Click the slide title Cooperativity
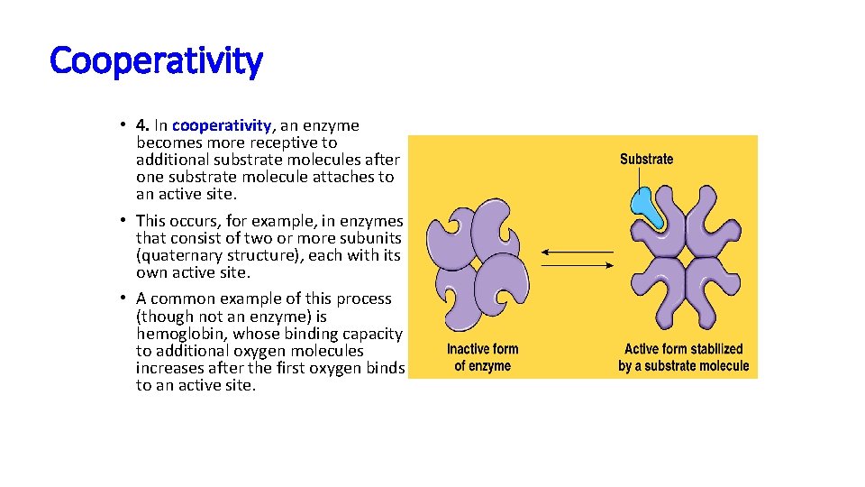156,61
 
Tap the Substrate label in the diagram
646,160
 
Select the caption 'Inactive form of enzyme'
482,357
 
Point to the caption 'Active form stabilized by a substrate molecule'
683,357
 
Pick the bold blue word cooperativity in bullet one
222,125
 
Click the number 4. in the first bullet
142,125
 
